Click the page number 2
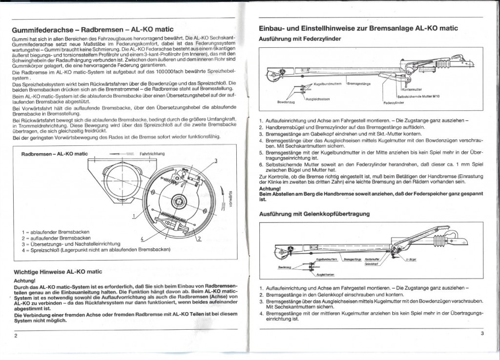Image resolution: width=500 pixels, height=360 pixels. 16,336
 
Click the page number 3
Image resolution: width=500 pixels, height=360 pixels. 481,334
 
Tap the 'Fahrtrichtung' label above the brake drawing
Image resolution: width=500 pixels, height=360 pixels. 152,154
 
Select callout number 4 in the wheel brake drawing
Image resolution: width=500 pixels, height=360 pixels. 141,239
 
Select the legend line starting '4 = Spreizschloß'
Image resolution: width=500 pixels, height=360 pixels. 96,250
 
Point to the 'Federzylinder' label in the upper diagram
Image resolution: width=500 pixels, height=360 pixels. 392,103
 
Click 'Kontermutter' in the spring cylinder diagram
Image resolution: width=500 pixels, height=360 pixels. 412,90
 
